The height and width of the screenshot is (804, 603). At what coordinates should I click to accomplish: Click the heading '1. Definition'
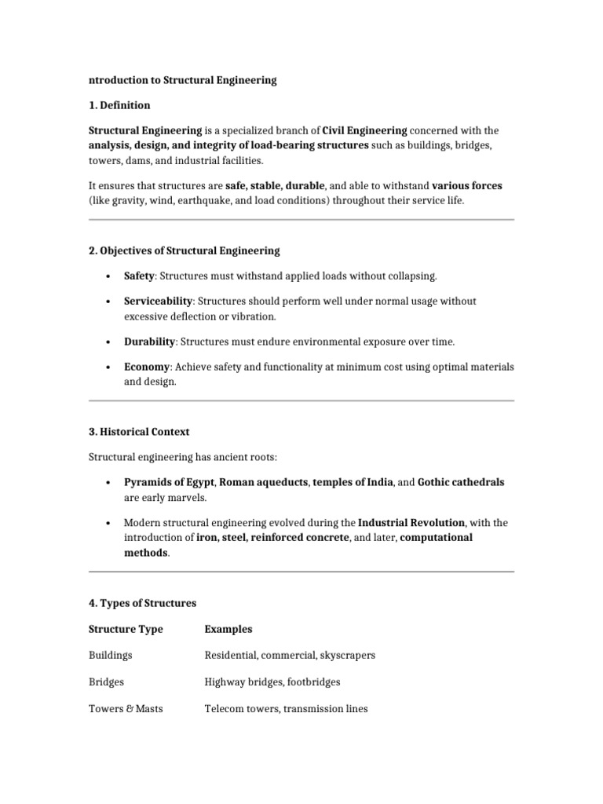pyautogui.click(x=119, y=105)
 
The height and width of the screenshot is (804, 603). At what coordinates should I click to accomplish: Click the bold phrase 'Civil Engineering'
pyautogui.click(x=364, y=130)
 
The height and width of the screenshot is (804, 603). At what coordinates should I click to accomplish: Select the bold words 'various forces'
pyautogui.click(x=467, y=186)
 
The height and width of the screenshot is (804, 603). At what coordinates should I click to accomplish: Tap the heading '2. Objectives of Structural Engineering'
pyautogui.click(x=185, y=250)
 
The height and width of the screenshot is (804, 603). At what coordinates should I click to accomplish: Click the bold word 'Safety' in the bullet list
pyautogui.click(x=139, y=276)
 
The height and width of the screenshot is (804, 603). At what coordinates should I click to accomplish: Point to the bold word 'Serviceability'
pyautogui.click(x=158, y=301)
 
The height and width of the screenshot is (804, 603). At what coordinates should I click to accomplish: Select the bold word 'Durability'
pyautogui.click(x=149, y=342)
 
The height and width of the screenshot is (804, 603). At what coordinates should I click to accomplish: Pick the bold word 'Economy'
pyautogui.click(x=146, y=367)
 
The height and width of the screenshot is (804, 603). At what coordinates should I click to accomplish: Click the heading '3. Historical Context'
pyautogui.click(x=139, y=431)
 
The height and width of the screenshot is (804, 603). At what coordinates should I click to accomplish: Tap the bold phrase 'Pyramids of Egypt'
pyautogui.click(x=169, y=482)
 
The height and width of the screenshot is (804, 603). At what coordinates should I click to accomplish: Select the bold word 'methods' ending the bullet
pyautogui.click(x=145, y=553)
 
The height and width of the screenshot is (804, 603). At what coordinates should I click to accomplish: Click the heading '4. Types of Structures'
pyautogui.click(x=142, y=603)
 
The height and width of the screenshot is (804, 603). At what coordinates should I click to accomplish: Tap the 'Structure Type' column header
pyautogui.click(x=126, y=629)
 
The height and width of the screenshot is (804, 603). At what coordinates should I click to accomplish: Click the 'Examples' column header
pyautogui.click(x=228, y=629)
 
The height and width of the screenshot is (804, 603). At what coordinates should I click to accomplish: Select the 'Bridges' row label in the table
pyautogui.click(x=107, y=682)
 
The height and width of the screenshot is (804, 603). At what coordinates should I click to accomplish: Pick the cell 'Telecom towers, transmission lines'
pyautogui.click(x=286, y=708)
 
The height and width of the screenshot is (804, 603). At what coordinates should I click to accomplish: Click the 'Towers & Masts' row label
pyautogui.click(x=126, y=708)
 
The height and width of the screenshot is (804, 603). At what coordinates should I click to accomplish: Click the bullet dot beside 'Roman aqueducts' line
pyautogui.click(x=106, y=482)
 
